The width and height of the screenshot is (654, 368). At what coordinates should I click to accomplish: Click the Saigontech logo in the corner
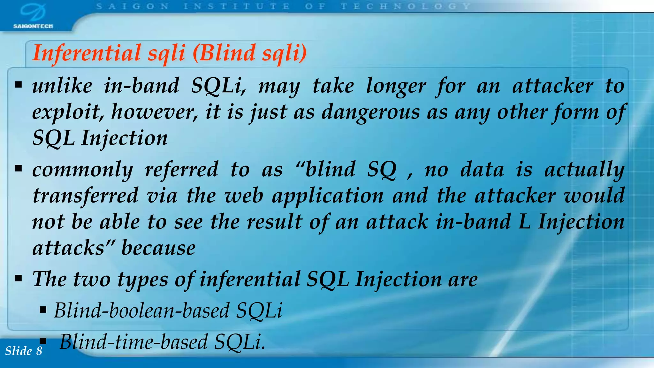coord(33,16)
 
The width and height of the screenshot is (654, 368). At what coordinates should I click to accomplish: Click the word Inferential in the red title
coord(87,53)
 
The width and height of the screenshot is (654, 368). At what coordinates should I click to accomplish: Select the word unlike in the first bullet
coord(62,86)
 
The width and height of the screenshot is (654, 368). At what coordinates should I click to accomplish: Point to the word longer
coord(396,86)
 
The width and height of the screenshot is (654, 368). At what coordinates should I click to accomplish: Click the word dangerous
coord(370,112)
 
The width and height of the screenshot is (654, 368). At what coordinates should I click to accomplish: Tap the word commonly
coord(83,170)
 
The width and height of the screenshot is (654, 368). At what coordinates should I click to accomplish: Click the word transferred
coord(86,195)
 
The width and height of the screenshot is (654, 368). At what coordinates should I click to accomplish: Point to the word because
coord(158,248)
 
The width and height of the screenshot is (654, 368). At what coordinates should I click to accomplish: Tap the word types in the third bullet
coord(142,279)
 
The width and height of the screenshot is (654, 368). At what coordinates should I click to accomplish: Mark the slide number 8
coord(39,351)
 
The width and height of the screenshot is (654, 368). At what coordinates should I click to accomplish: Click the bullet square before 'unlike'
coord(18,85)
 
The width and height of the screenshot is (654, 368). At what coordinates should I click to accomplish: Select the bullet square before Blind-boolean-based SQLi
coord(43,310)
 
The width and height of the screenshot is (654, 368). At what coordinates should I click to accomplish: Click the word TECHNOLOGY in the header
coord(406,6)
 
